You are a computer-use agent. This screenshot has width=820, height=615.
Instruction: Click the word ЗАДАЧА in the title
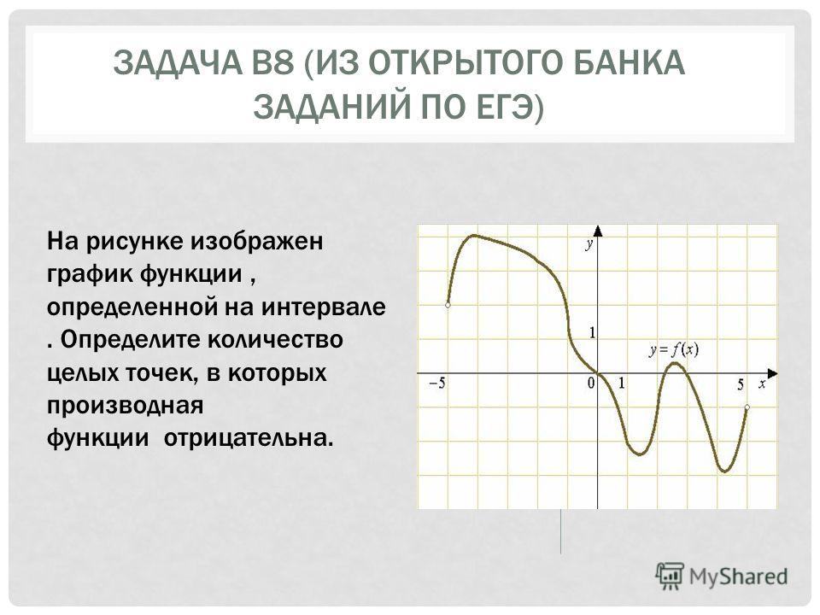click(177, 62)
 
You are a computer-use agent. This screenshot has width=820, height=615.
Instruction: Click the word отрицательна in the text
click(249, 438)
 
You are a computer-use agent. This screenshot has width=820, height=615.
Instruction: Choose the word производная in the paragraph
click(125, 406)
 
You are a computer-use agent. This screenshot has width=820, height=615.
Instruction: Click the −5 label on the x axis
click(437, 384)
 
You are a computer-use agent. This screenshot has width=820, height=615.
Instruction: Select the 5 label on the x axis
click(741, 385)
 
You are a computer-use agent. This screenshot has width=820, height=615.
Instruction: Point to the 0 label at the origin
click(591, 384)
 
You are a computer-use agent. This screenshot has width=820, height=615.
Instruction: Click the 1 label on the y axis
click(592, 332)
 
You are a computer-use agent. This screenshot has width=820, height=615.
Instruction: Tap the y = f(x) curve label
click(674, 349)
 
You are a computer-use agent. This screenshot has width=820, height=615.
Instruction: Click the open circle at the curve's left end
click(448, 305)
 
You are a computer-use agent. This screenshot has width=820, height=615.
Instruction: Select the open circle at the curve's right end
click(747, 407)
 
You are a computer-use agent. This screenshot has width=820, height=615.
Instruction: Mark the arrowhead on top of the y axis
click(598, 231)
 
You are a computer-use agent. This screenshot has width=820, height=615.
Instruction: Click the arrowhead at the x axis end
click(773, 373)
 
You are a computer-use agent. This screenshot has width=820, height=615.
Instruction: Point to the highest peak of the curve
click(474, 236)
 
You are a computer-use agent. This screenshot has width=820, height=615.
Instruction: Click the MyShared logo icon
click(670, 577)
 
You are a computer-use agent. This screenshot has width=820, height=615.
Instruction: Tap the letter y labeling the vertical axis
click(589, 244)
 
